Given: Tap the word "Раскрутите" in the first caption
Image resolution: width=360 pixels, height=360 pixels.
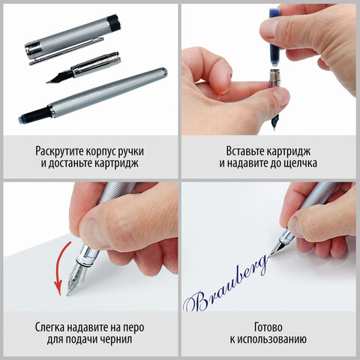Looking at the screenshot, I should [x=60, y=148].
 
